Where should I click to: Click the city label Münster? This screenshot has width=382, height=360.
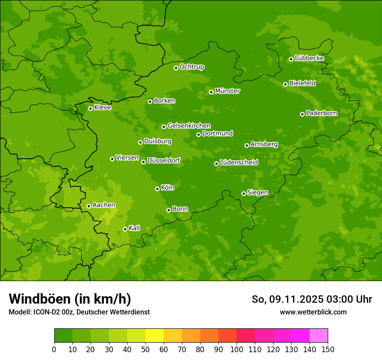click(x=227, y=91)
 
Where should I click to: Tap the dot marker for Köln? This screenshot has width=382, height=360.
click(x=157, y=189)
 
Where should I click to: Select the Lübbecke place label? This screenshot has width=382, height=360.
click(x=309, y=58)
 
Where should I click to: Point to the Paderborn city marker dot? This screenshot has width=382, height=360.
click(x=302, y=114)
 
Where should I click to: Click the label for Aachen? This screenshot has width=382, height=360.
click(x=104, y=205)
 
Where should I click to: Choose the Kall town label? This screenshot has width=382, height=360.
click(x=134, y=228)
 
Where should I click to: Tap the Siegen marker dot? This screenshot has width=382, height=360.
click(x=244, y=193)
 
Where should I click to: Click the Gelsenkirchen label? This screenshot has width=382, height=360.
click(x=189, y=126)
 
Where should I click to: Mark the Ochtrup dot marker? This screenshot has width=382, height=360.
click(x=176, y=68)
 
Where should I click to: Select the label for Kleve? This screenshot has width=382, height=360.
click(x=102, y=108)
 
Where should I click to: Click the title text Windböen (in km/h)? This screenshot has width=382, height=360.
click(x=70, y=299)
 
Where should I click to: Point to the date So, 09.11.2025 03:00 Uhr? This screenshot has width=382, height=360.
click(x=312, y=299)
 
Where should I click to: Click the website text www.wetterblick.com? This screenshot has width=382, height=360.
click(x=313, y=312)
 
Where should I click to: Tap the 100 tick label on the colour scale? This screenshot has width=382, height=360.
click(x=237, y=350)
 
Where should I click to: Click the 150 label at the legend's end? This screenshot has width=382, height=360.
click(x=327, y=350)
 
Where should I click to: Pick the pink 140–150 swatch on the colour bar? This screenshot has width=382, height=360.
click(x=318, y=336)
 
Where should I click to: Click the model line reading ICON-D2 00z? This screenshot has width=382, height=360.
click(x=79, y=312)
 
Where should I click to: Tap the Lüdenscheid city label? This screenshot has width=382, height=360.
click(x=239, y=163)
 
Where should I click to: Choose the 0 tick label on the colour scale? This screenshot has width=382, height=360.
click(x=54, y=350)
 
